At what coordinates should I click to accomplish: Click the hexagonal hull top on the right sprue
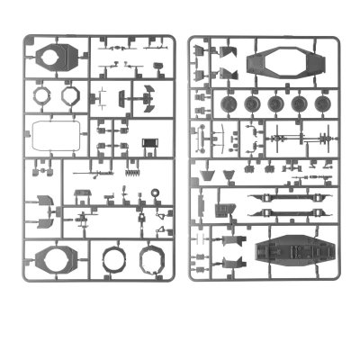click(279, 62)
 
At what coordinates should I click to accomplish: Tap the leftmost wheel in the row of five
click(230, 104)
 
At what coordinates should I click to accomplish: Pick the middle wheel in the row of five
click(275, 104)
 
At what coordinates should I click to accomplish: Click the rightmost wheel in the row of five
click(319, 104)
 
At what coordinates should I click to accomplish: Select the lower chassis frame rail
click(287, 214)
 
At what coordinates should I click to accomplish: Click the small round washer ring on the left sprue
click(155, 193)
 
